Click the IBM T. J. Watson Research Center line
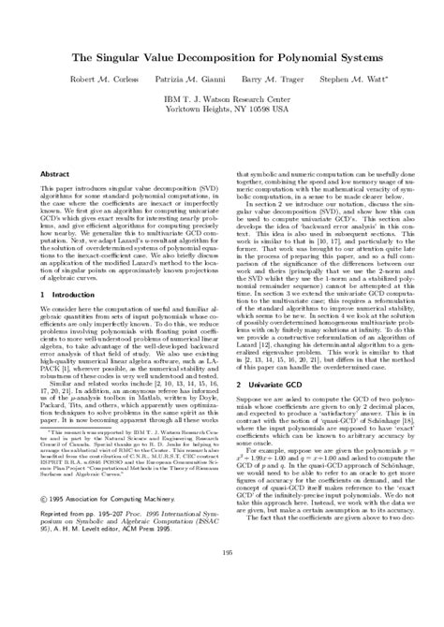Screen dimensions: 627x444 pyautogui.click(x=223, y=98)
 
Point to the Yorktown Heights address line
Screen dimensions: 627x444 pyautogui.click(x=223, y=109)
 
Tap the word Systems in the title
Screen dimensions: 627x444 pyautogui.click(x=357, y=57)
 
